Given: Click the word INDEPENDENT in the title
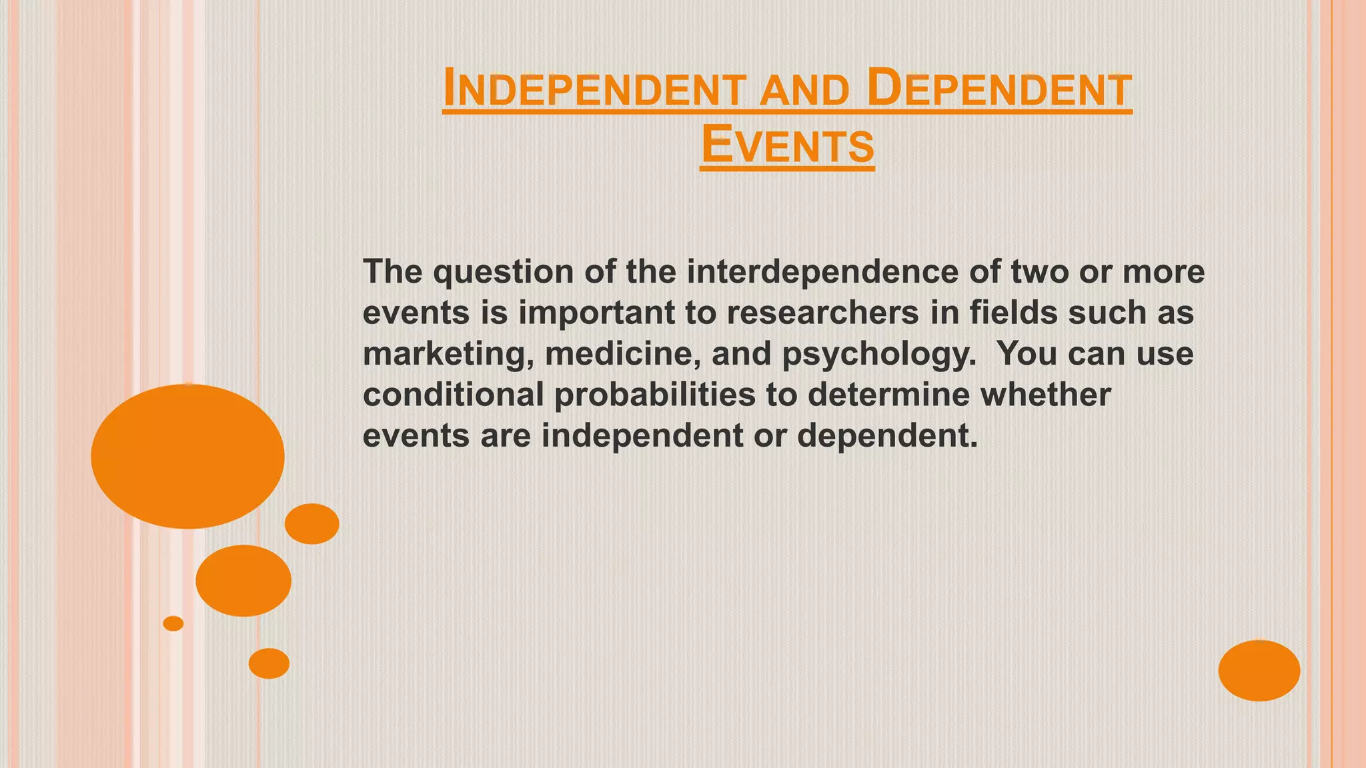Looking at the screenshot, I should click(x=594, y=90).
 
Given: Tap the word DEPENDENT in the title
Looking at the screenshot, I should click(x=999, y=90).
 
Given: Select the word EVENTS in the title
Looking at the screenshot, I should click(x=787, y=146).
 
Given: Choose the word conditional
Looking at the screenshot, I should click(x=454, y=395).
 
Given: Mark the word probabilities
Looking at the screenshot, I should click(x=654, y=395).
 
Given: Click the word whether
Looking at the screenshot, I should click(x=1045, y=395).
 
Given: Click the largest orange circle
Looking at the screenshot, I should click(x=188, y=457).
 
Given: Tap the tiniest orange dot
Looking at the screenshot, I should click(x=173, y=623).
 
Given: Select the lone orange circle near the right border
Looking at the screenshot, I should click(x=1259, y=670).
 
